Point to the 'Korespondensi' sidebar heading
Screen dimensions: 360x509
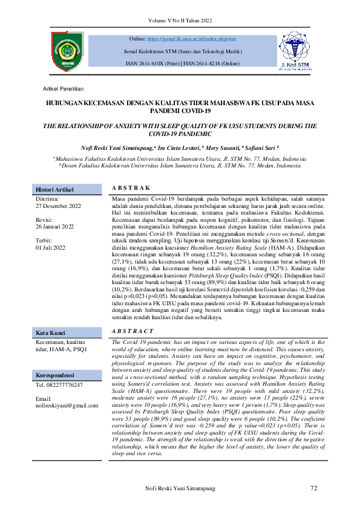tap(54, 374)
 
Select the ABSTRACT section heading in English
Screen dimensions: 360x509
tap(133, 331)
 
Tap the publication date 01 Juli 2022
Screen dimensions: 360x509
tap(53, 247)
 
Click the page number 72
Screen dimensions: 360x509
tap(313, 488)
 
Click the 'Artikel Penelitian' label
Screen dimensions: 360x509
tap(63, 88)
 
